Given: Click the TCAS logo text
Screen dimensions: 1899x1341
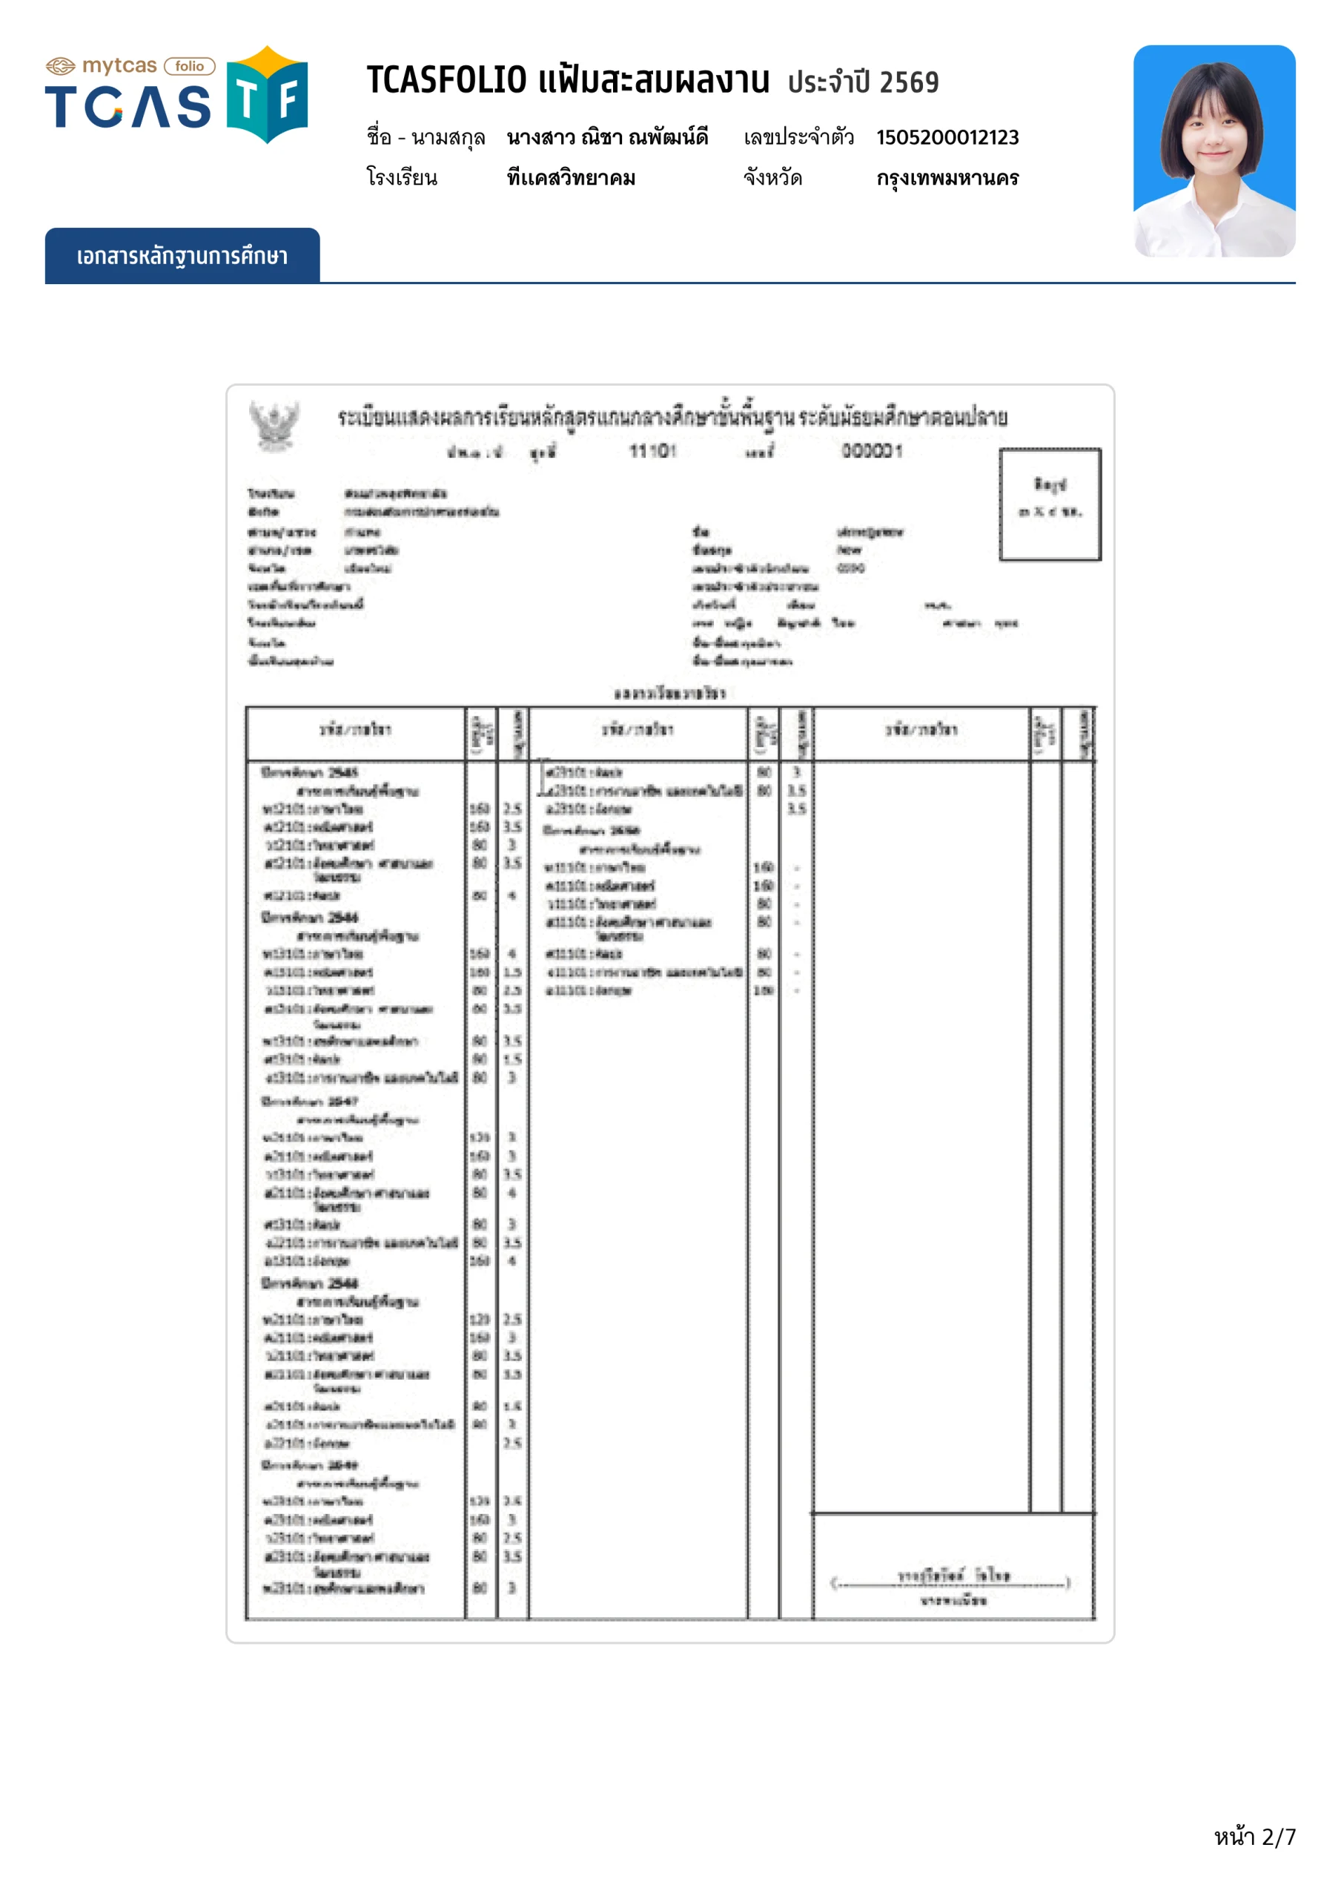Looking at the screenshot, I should [x=128, y=107].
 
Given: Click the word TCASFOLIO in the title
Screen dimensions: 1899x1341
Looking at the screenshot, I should [x=446, y=81].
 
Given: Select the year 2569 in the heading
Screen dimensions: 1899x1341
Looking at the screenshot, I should [x=909, y=82].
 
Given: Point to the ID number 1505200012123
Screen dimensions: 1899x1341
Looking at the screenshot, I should [x=947, y=137].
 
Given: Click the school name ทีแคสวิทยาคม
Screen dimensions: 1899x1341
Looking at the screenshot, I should [x=571, y=178].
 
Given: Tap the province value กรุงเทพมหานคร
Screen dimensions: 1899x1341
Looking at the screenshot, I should [x=947, y=178].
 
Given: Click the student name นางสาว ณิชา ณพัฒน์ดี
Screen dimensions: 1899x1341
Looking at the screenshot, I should [x=607, y=137].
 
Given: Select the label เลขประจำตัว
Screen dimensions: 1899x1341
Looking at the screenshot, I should [x=798, y=137].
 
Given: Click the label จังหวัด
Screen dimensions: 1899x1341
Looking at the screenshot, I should [x=772, y=178].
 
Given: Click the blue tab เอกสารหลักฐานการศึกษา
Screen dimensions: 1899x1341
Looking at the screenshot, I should [x=182, y=257].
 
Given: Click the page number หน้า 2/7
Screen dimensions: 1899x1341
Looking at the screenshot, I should [x=1254, y=1837].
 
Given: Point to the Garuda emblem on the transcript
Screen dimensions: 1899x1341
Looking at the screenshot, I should [x=274, y=425].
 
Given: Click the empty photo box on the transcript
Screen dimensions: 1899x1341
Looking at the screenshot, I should [x=1050, y=504].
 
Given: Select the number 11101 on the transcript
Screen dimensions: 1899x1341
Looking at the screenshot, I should [x=652, y=451].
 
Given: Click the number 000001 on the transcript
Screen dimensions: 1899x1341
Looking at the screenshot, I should [x=873, y=451].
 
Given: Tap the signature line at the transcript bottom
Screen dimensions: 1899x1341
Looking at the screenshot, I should [x=952, y=1583].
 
